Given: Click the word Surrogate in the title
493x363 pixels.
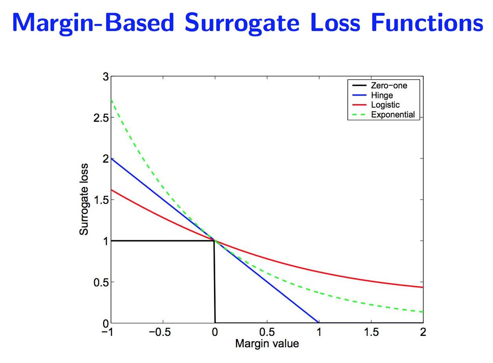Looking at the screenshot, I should [242, 23].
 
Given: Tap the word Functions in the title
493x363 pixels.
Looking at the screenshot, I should [427, 23].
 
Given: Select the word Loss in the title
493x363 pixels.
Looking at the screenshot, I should [335, 23].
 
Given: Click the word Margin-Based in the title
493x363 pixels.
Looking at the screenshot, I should [93, 24].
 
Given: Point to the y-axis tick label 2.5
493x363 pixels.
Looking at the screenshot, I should [101, 118].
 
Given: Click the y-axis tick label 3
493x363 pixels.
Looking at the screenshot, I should [105, 77].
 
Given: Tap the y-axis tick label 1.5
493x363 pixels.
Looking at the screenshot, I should [101, 200].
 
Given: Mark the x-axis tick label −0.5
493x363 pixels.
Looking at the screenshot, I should [160, 332].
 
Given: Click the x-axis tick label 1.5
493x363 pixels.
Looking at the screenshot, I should [371, 332].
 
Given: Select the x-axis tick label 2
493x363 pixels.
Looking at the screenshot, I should [423, 332].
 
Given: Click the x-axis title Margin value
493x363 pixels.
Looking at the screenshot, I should [267, 343].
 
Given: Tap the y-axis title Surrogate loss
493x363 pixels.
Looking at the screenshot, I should [84, 199].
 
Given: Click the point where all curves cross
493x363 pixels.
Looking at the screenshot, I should [214, 241].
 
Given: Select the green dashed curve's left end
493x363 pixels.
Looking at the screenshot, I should [111, 99].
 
